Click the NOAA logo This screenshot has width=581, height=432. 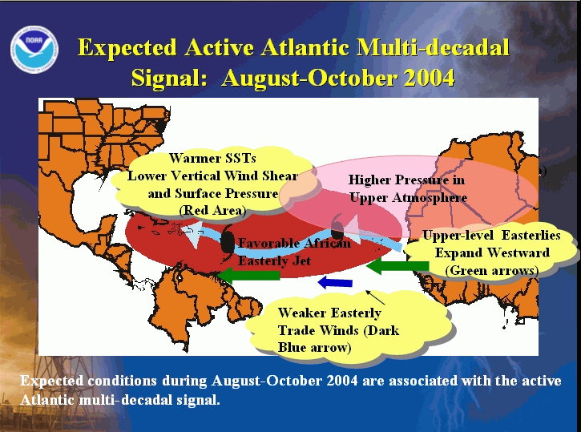pos(34,49)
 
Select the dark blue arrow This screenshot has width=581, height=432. pos(335,282)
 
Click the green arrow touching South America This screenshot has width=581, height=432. pos(248,275)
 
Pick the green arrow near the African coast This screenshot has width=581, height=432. pos(397,265)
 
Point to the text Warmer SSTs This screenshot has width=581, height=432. pos(212,158)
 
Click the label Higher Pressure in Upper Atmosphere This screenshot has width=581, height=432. pos(407,188)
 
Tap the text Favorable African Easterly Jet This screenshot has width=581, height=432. pos(294,252)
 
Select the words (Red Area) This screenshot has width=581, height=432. pos(212,211)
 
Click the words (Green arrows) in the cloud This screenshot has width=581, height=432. pos(492,270)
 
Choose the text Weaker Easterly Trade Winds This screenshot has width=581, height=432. pos(338,321)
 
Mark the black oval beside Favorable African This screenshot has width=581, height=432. pos(227,242)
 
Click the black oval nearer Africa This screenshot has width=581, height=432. pos(337,231)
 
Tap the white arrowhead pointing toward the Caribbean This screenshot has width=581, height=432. pos(192,234)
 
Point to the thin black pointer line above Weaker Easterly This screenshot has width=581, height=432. pos(375,297)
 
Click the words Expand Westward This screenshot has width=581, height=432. pos(492,253)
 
